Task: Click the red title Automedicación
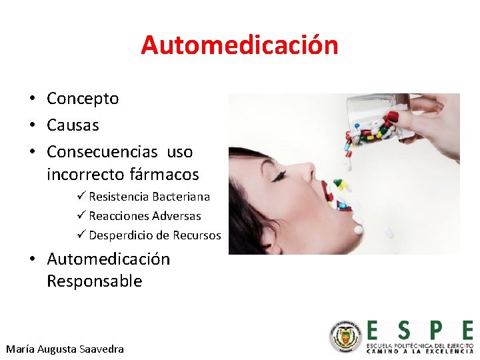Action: [239, 45]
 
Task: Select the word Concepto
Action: [83, 99]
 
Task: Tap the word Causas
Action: [73, 125]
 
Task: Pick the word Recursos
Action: [197, 235]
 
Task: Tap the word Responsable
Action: [94, 281]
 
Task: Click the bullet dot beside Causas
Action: [31, 125]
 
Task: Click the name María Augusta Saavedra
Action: [65, 349]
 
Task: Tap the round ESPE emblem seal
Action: [345, 337]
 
